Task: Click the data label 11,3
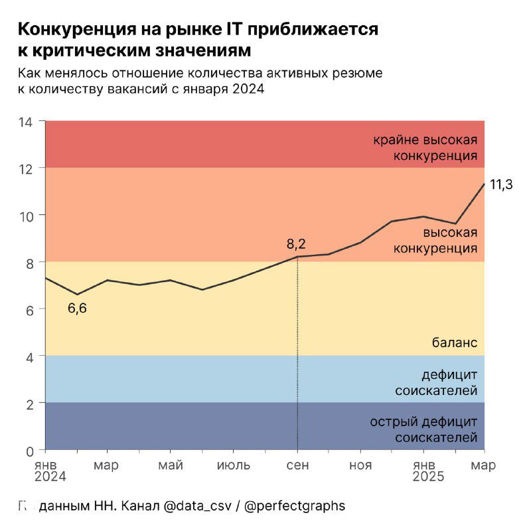(x=501, y=185)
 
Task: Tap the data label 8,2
(x=296, y=244)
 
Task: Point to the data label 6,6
(x=78, y=308)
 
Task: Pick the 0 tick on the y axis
(x=29, y=450)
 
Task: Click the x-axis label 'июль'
(x=234, y=465)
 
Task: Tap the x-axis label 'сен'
(x=297, y=465)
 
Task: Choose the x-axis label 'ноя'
(x=360, y=465)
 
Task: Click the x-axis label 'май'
(x=171, y=465)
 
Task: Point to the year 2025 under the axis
(x=429, y=477)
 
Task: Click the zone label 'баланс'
(x=455, y=343)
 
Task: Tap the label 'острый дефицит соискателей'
(x=423, y=430)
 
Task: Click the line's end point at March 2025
(x=484, y=184)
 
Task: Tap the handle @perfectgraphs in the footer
(x=295, y=506)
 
